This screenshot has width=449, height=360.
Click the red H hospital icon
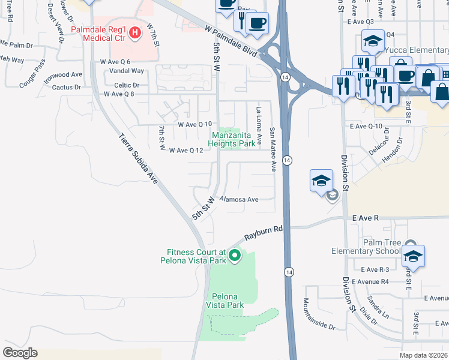135,31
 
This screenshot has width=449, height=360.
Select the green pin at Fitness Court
235,257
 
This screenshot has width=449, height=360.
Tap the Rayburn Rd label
263,233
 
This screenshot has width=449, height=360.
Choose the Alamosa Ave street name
239,199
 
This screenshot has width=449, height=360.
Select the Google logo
20,352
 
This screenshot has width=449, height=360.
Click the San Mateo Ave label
272,149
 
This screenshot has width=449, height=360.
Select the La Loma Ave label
259,127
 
